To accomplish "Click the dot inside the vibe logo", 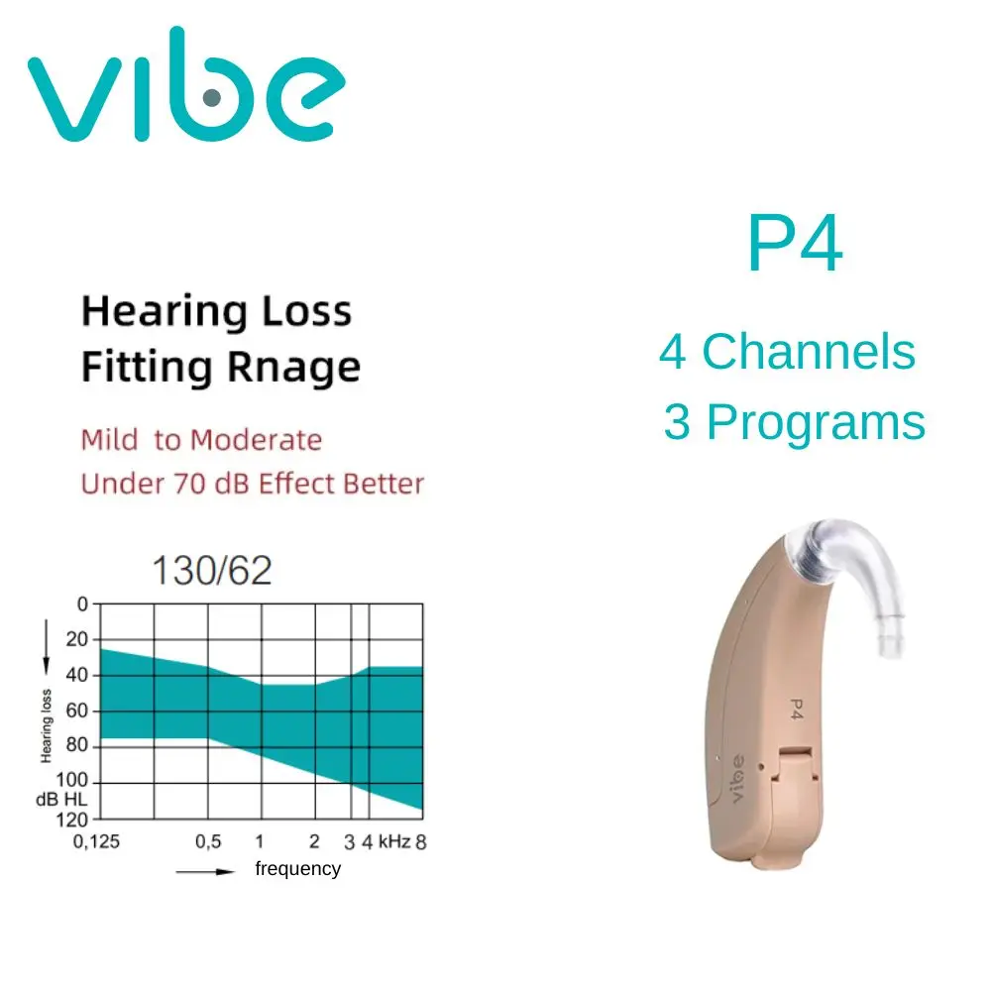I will [x=211, y=97].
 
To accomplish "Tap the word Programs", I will [x=817, y=422].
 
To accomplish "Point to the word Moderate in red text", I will [x=258, y=439].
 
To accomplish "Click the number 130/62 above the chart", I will [x=210, y=571].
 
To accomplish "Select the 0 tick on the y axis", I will [x=82, y=604].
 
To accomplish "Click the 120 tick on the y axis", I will [x=75, y=820].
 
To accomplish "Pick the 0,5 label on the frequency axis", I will [x=207, y=842].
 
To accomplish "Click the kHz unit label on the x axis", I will [x=393, y=842].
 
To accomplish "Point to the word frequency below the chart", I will [x=297, y=869].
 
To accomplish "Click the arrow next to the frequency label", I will [x=206, y=870].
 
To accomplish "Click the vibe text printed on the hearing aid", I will [x=736, y=782].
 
